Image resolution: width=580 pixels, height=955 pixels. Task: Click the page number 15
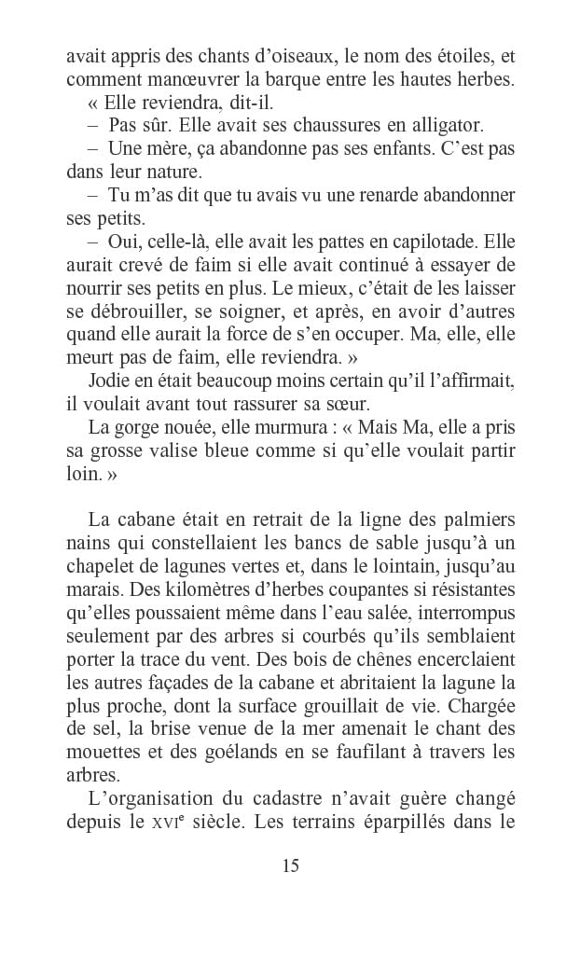point(290,865)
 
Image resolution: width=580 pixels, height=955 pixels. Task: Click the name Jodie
point(109,381)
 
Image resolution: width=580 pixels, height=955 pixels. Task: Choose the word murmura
point(269,428)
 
